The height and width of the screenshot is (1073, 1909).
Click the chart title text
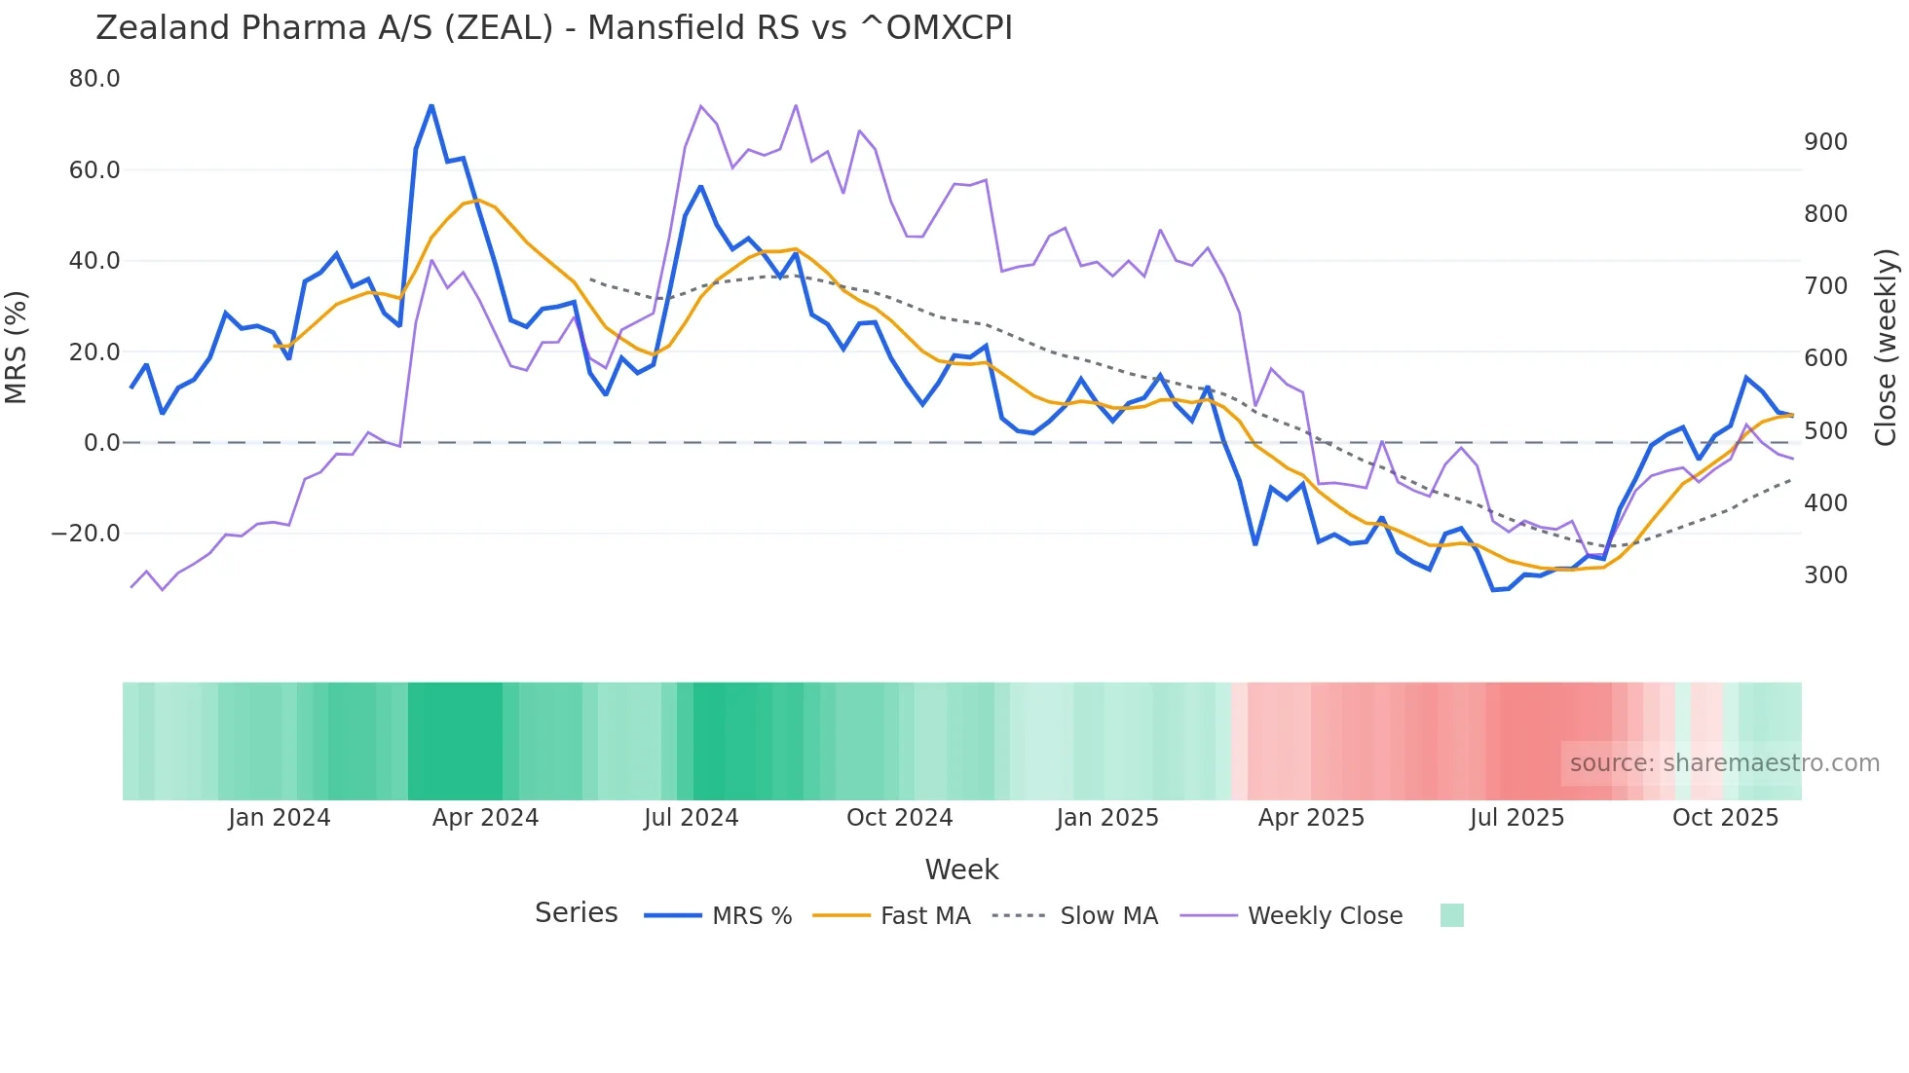click(553, 27)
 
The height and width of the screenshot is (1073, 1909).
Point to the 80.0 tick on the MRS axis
click(94, 79)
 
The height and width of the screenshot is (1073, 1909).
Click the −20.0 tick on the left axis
click(86, 534)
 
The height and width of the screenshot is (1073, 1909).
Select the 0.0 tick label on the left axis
click(101, 443)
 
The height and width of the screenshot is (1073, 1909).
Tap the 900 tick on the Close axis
click(1825, 142)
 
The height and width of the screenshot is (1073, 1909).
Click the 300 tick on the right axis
click(1825, 575)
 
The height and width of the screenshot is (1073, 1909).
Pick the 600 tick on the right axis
click(1825, 358)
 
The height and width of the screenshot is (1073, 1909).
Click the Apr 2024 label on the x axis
click(485, 818)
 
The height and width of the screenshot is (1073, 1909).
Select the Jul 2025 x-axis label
click(1516, 818)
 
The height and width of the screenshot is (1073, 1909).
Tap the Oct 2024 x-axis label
click(899, 818)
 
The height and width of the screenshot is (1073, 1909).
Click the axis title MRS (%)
click(17, 347)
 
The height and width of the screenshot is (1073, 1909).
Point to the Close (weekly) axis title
click(1887, 347)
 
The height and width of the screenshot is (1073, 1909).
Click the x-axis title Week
click(961, 869)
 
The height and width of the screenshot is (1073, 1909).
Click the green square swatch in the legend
click(1451, 915)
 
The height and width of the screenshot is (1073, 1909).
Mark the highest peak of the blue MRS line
click(431, 106)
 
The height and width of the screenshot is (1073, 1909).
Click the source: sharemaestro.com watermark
click(1724, 763)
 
